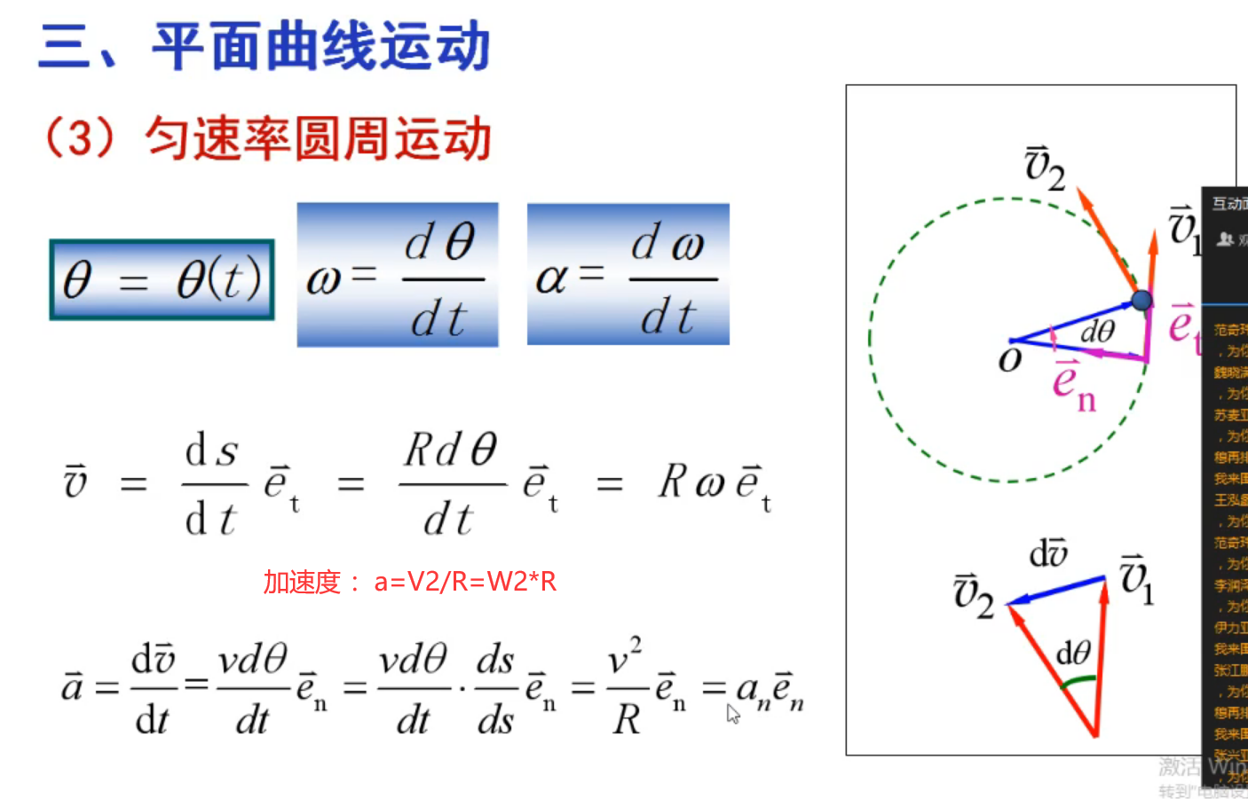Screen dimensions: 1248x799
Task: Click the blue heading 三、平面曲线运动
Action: tap(265, 46)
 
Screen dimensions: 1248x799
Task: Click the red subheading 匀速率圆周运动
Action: tap(317, 139)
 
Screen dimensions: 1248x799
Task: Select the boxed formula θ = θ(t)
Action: tap(162, 279)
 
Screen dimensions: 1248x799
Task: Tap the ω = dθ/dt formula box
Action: tap(398, 275)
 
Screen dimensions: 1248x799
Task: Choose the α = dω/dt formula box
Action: tap(628, 275)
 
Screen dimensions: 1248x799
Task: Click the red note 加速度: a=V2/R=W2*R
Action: tap(410, 582)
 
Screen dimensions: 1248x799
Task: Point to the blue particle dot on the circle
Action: tap(1141, 301)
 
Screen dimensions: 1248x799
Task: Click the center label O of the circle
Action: tap(1010, 359)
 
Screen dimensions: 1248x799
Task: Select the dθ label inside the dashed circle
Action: tap(1097, 332)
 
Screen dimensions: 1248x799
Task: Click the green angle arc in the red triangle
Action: tap(1078, 681)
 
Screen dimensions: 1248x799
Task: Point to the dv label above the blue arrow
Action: tap(1048, 553)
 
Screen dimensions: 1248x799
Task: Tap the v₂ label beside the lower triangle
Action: tap(973, 595)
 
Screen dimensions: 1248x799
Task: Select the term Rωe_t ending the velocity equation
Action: tap(715, 484)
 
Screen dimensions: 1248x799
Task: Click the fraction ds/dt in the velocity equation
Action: tap(213, 484)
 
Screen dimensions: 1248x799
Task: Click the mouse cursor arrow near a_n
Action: tap(732, 713)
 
